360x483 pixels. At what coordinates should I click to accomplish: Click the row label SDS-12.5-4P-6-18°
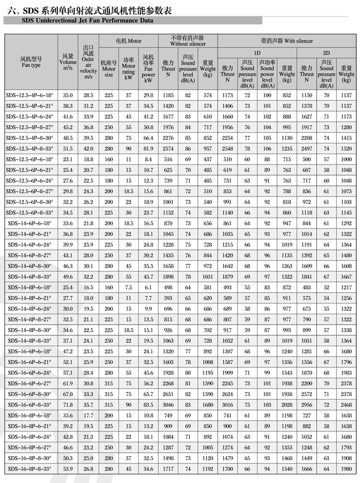[x=30, y=95]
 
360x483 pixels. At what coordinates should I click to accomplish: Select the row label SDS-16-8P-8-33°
[x=30, y=469]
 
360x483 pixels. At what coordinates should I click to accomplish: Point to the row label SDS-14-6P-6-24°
[x=30, y=244]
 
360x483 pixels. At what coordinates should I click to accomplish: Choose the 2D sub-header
[x=326, y=53]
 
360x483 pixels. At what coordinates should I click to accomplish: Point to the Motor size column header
[x=109, y=68]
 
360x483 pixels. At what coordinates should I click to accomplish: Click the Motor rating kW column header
[x=129, y=69]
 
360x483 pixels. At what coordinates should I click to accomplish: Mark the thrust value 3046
[x=168, y=404]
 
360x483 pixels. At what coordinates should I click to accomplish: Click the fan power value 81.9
[x=149, y=148]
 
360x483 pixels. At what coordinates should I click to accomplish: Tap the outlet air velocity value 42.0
[x=88, y=148]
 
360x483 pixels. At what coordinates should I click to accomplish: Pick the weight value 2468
[x=346, y=404]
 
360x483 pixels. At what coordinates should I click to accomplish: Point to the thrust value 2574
[x=168, y=148]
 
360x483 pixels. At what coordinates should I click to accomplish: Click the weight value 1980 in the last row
[x=346, y=469]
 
